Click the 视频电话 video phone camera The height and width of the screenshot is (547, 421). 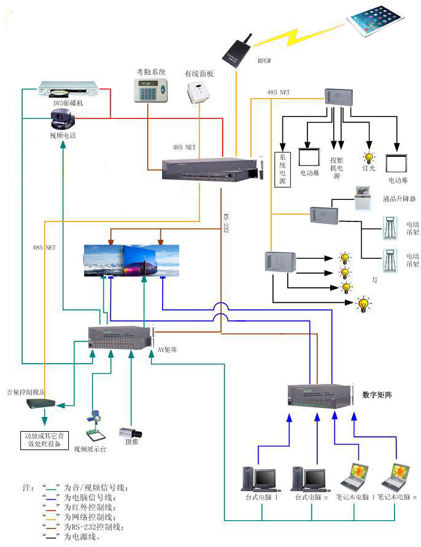coord(64,120)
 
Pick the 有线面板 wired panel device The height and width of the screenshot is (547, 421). coord(198,93)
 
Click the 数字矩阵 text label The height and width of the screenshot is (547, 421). coord(377,396)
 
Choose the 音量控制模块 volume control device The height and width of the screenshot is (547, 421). coord(41,404)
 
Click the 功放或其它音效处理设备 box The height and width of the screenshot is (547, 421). coord(44,440)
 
